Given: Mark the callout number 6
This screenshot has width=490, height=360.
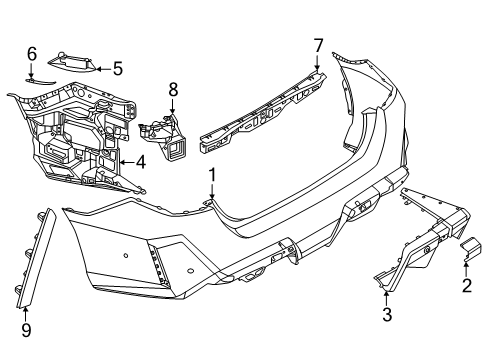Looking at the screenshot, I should coord(32,53).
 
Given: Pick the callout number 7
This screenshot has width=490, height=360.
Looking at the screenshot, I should coord(319,45).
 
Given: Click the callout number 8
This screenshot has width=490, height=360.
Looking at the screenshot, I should coord(172,90).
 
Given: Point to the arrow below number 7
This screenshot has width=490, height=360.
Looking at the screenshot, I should coord(319,64).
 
